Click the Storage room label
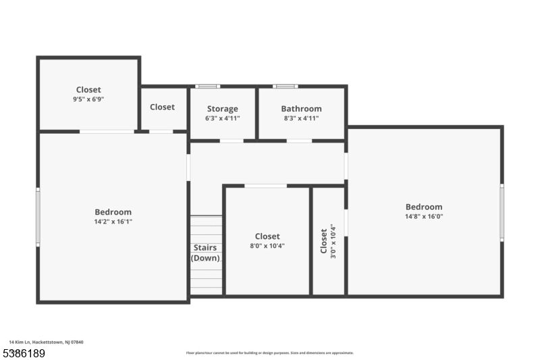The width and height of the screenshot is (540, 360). click(222, 109)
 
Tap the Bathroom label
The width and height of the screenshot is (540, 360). click(301, 109)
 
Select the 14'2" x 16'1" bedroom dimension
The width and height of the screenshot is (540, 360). click(113, 221)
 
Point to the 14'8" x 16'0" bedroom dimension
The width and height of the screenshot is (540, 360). click(424, 216)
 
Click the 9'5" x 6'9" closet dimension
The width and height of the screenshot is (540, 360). click(88, 99)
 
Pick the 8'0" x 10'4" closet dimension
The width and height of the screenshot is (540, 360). click(267, 246)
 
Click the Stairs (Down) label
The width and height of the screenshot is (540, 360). click(205, 253)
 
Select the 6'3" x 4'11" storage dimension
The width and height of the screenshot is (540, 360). click(222, 118)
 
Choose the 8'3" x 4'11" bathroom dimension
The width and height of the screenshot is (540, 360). click(301, 118)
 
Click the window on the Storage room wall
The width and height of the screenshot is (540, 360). click(207, 86)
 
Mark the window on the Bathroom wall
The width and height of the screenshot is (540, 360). click(286, 86)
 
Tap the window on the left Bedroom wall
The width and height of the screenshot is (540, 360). click(38, 217)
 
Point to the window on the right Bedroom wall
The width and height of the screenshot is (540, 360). click(502, 212)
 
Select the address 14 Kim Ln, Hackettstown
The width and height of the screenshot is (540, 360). click(46, 342)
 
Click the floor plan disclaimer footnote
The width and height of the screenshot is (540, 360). click(269, 353)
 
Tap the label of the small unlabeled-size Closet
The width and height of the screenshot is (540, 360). click(162, 107)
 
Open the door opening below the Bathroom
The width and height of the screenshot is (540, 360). click(299, 140)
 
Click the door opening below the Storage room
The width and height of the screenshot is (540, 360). click(232, 140)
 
